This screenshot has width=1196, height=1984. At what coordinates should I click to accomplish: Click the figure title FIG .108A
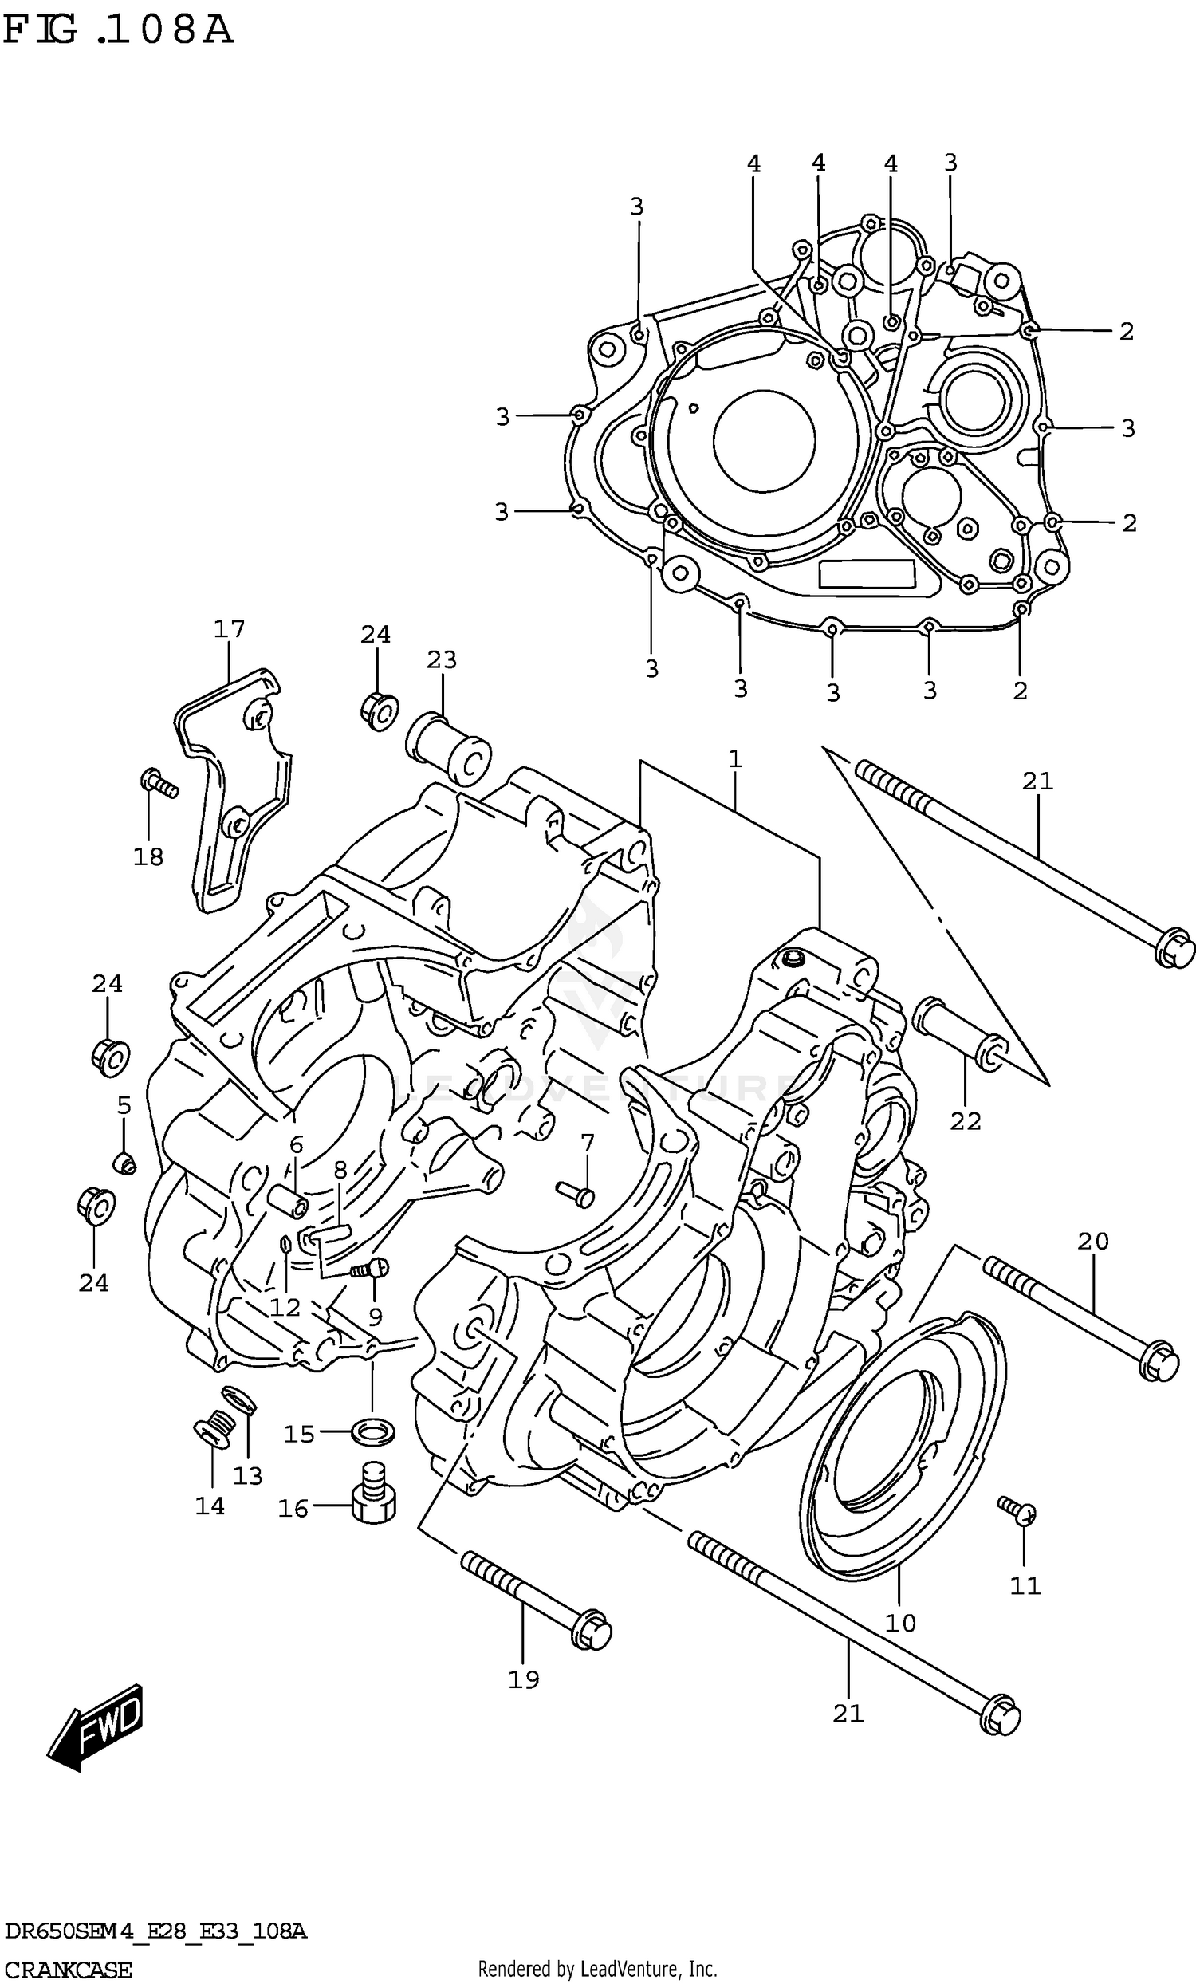(117, 30)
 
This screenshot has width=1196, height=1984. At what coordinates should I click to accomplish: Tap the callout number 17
(229, 628)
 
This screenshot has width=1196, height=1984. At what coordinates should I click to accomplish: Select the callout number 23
(441, 659)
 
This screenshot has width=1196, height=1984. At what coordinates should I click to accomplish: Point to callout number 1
(734, 758)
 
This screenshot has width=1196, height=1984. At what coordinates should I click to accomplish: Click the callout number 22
(965, 1121)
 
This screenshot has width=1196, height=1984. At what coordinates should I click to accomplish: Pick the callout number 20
(1093, 1241)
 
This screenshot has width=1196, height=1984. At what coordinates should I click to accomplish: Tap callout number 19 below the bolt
(523, 1679)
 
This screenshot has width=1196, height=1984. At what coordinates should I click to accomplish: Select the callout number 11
(1025, 1585)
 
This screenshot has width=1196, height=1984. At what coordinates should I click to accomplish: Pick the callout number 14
(210, 1506)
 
